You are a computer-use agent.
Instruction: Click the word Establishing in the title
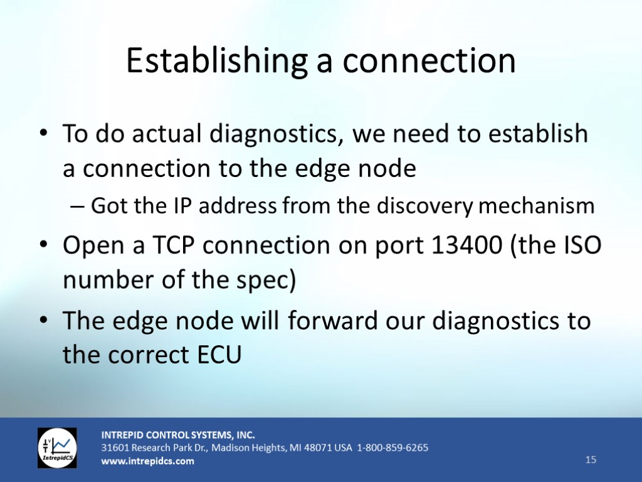click(x=217, y=61)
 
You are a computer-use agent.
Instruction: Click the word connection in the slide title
click(x=429, y=61)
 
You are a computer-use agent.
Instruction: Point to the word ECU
click(x=219, y=355)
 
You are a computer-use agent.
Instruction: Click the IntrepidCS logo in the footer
click(x=57, y=448)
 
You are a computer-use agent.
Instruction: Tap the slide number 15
click(x=591, y=459)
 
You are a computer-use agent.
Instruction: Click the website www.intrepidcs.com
click(x=148, y=461)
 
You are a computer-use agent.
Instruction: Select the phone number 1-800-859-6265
click(x=392, y=447)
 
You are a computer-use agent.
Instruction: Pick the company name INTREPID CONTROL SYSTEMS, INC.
click(x=178, y=435)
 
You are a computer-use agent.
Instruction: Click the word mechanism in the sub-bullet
click(x=537, y=206)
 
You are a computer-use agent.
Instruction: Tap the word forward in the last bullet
click(x=332, y=320)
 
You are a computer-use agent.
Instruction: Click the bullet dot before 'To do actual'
click(x=43, y=133)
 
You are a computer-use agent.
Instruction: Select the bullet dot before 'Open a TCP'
click(x=43, y=245)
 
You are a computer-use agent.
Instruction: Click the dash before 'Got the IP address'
click(x=77, y=206)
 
